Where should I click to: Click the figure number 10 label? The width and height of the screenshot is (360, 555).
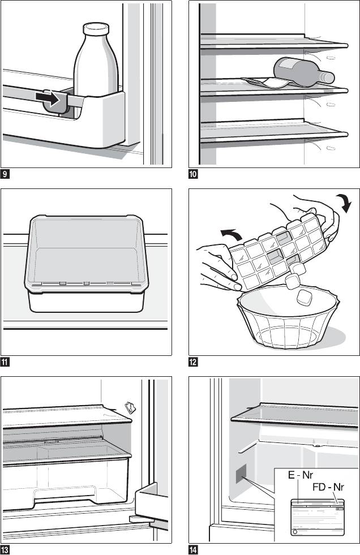[193, 173]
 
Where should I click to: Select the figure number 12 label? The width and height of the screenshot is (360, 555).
[193, 362]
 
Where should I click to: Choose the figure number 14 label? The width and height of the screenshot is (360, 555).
[193, 549]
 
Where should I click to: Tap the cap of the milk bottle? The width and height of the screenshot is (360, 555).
[95, 29]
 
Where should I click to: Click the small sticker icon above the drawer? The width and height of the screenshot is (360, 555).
[130, 407]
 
